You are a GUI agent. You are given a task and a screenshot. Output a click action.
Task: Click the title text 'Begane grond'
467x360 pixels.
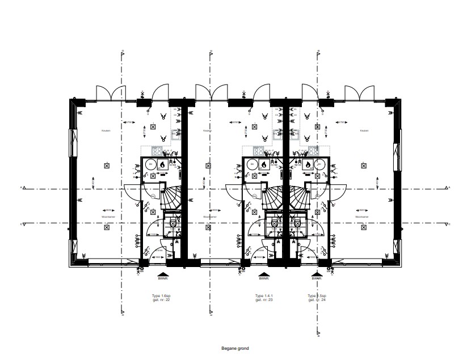[x=234, y=349]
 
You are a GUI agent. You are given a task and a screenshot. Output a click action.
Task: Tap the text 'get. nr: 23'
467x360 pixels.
[x=264, y=300]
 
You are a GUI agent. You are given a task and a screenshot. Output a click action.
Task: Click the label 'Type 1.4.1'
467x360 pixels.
[x=264, y=296]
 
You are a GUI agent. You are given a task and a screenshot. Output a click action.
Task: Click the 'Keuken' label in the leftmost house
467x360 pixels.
[x=105, y=130]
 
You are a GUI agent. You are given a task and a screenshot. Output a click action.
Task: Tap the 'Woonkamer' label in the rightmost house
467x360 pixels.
[x=362, y=217]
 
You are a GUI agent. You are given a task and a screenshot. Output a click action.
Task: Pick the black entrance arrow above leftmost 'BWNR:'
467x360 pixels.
[x=159, y=273]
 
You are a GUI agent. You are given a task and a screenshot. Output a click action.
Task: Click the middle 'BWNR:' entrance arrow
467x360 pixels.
[x=263, y=273]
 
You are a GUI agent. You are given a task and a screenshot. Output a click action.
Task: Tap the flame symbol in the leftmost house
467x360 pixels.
[x=162, y=164]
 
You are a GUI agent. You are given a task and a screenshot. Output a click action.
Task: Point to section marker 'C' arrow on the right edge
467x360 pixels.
[x=448, y=223]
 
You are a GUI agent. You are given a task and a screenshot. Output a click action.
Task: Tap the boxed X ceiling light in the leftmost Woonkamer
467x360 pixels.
[x=107, y=227]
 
